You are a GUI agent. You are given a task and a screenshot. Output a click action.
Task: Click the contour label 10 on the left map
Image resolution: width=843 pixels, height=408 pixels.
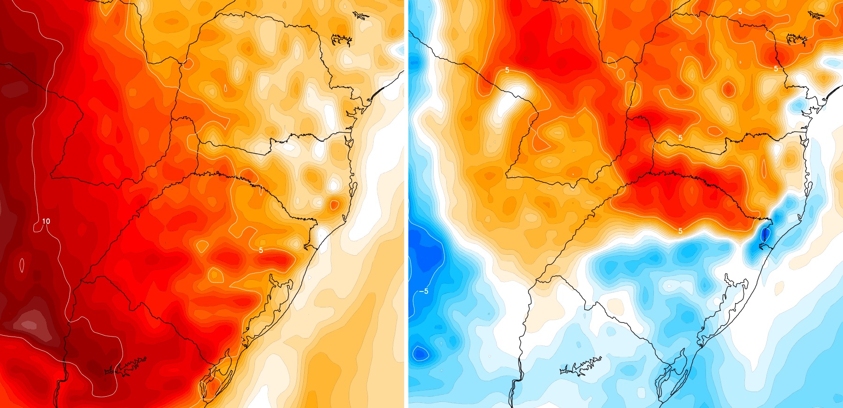coord(46,221)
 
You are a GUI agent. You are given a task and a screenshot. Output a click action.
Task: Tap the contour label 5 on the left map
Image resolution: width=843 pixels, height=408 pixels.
coord(261,250)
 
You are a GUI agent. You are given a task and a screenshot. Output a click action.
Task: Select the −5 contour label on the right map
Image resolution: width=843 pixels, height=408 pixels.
coord(423,291)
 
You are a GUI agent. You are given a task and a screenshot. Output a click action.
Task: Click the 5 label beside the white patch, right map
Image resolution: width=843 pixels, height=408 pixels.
coord(507,71)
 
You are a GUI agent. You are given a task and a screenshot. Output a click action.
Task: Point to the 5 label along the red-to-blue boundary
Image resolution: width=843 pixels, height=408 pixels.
coord(681,231)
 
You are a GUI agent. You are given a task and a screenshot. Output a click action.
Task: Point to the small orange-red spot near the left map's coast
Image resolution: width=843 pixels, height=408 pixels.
coord(334,204)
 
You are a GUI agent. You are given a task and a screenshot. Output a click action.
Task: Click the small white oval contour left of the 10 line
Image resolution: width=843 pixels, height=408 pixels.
coord(22,265)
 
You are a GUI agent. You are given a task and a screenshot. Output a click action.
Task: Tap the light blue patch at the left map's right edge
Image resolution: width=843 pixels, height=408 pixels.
coord(399,48)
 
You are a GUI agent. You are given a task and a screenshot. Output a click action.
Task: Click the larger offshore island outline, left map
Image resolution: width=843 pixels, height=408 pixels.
coord(341,40)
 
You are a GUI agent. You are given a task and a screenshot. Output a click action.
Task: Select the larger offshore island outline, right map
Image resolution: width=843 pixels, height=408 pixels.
coord(797,39)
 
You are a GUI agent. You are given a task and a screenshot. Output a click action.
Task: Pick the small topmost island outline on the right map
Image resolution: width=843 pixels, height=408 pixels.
coord(816,15)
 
